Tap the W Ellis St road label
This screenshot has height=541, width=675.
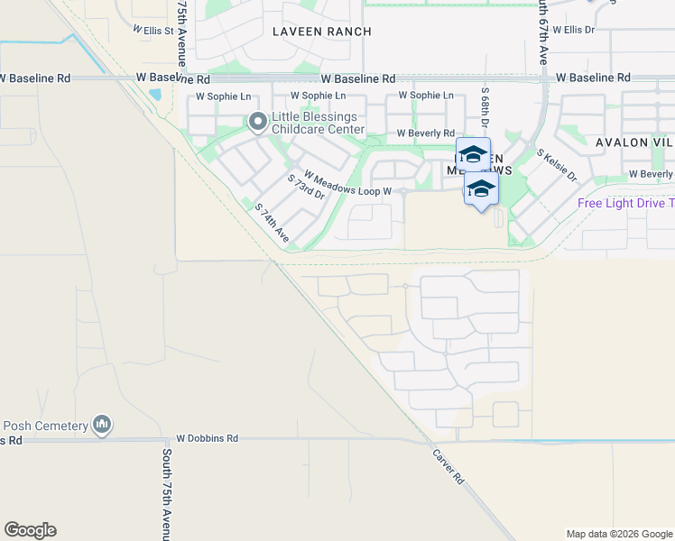(153, 29)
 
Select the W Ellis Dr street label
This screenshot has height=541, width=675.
(574, 29)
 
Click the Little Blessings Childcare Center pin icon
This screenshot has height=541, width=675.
(257, 121)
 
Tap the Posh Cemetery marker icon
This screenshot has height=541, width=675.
(102, 424)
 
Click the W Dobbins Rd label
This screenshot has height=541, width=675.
(207, 437)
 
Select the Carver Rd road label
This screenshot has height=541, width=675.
(448, 466)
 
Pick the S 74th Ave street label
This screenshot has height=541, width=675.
(271, 223)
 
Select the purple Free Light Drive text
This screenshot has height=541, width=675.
(625, 203)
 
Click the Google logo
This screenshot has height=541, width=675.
(30, 530)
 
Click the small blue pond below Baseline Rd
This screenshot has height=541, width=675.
(157, 93)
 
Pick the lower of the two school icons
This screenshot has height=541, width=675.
(481, 189)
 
